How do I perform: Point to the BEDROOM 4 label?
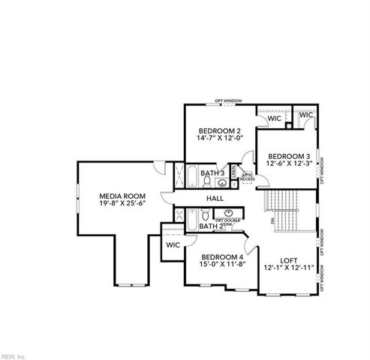[222, 256]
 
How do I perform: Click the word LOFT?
[289, 260]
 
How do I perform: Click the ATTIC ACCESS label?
[247, 178]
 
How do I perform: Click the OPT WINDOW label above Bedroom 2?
[227, 100]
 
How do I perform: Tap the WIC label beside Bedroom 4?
[173, 244]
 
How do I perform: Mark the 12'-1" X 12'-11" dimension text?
[289, 268]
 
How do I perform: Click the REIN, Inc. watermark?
[14, 355]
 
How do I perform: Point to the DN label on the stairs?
[272, 221]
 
